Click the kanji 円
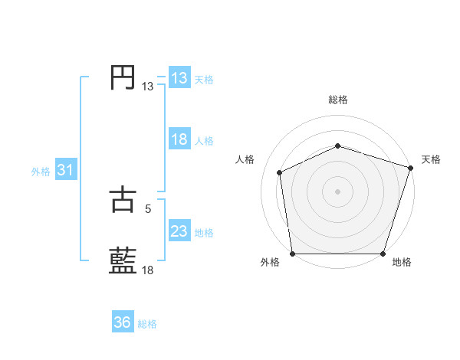point(123,78)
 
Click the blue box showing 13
point(179,78)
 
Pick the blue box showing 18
point(179,139)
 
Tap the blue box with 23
point(179,231)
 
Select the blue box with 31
point(65,170)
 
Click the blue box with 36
point(123,322)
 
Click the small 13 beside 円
point(147,87)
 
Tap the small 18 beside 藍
point(147,270)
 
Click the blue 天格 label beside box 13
point(204,80)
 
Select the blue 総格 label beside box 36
point(147,324)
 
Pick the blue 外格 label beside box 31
point(41,172)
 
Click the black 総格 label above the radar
point(338,100)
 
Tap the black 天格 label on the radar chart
point(432,159)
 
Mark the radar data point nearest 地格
point(383,254)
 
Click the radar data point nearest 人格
point(280,172)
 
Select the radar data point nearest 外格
point(292,254)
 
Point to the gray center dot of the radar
point(338,191)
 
